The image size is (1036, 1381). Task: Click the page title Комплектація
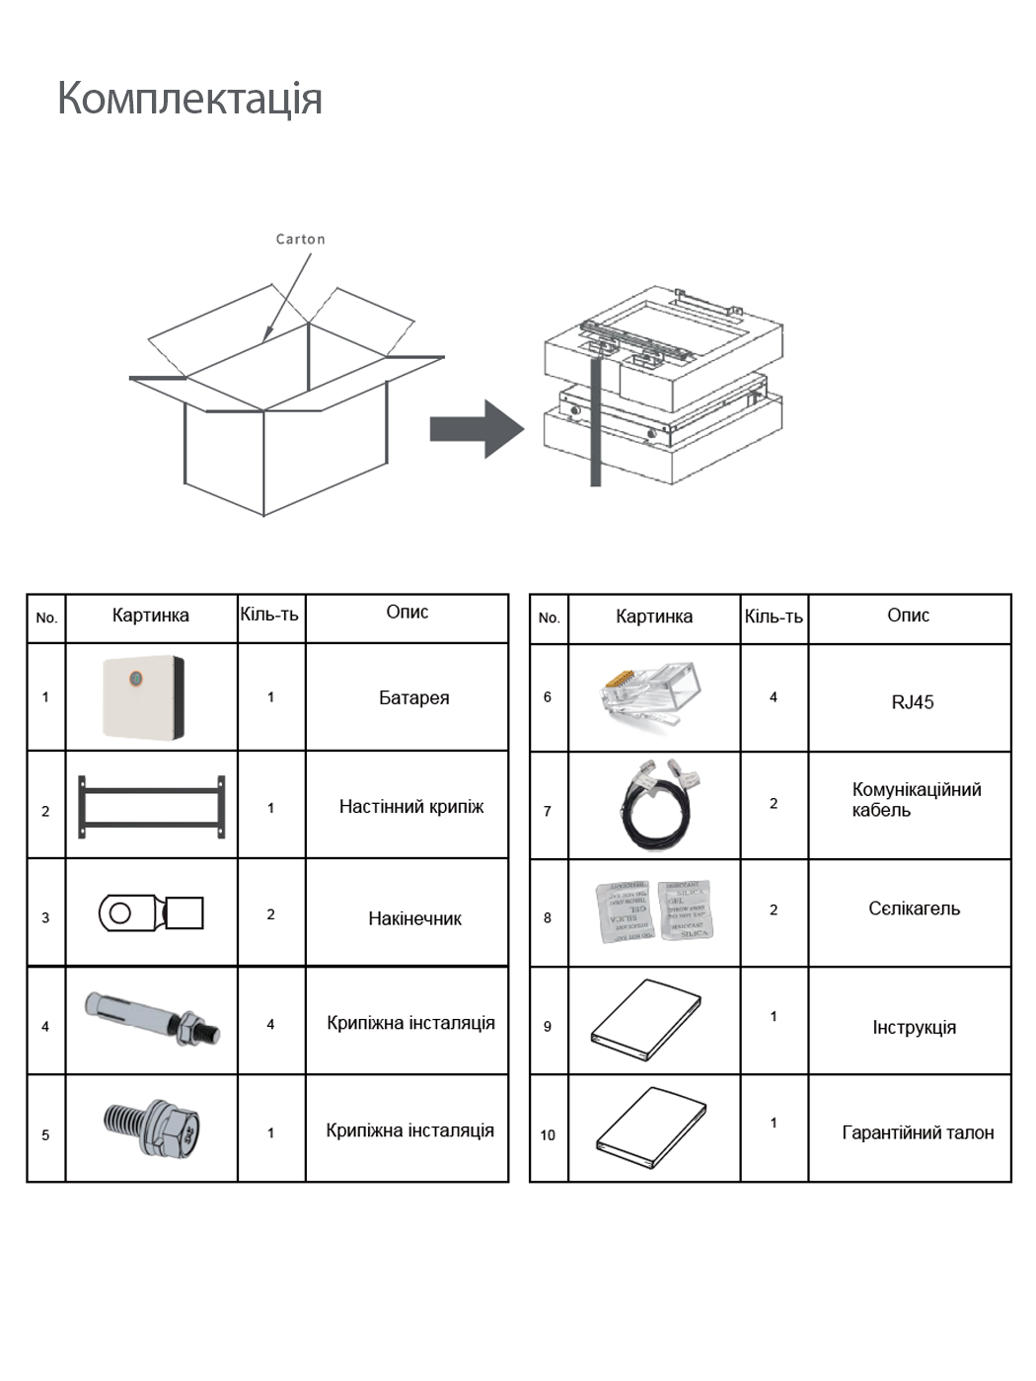[x=189, y=99]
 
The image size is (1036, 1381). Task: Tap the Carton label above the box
[x=300, y=239]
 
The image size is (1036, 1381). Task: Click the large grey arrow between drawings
[x=476, y=429]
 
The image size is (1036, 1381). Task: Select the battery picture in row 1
[x=143, y=696]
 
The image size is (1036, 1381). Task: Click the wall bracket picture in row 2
[x=151, y=806]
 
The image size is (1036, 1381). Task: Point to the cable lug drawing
[x=151, y=912]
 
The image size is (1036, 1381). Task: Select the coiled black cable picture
[x=658, y=803]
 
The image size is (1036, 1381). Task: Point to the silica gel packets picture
[x=654, y=910]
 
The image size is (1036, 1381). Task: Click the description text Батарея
[x=413, y=698]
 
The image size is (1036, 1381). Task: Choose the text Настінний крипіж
[x=411, y=807]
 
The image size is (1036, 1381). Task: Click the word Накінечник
[x=414, y=918]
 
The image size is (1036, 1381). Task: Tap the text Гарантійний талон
[x=918, y=1132]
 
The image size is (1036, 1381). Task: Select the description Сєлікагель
[x=914, y=909]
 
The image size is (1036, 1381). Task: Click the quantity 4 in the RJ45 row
[x=774, y=697]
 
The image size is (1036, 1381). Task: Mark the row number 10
[x=548, y=1134]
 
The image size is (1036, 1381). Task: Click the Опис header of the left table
[x=407, y=613]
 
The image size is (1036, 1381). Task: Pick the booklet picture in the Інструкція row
[x=646, y=1020]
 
